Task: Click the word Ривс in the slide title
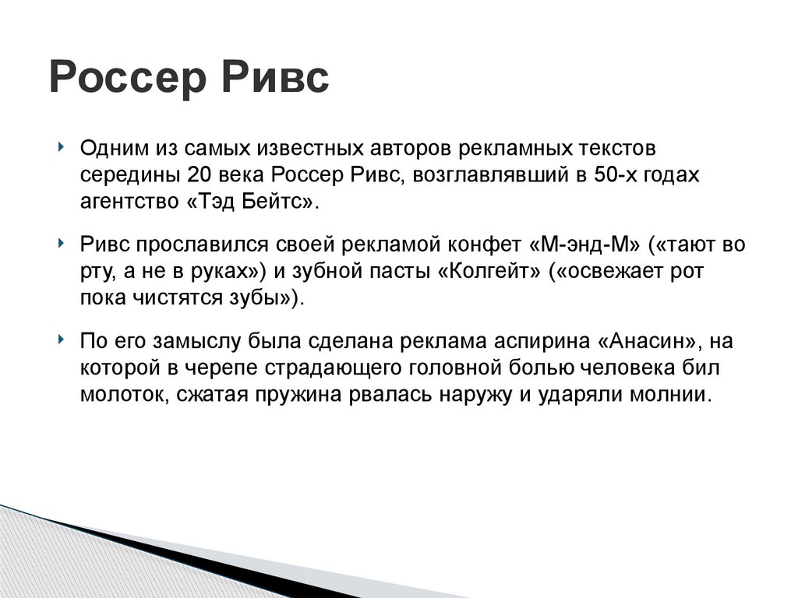pyautogui.click(x=277, y=79)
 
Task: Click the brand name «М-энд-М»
pyautogui.click(x=583, y=244)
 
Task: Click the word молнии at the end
pyautogui.click(x=670, y=394)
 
